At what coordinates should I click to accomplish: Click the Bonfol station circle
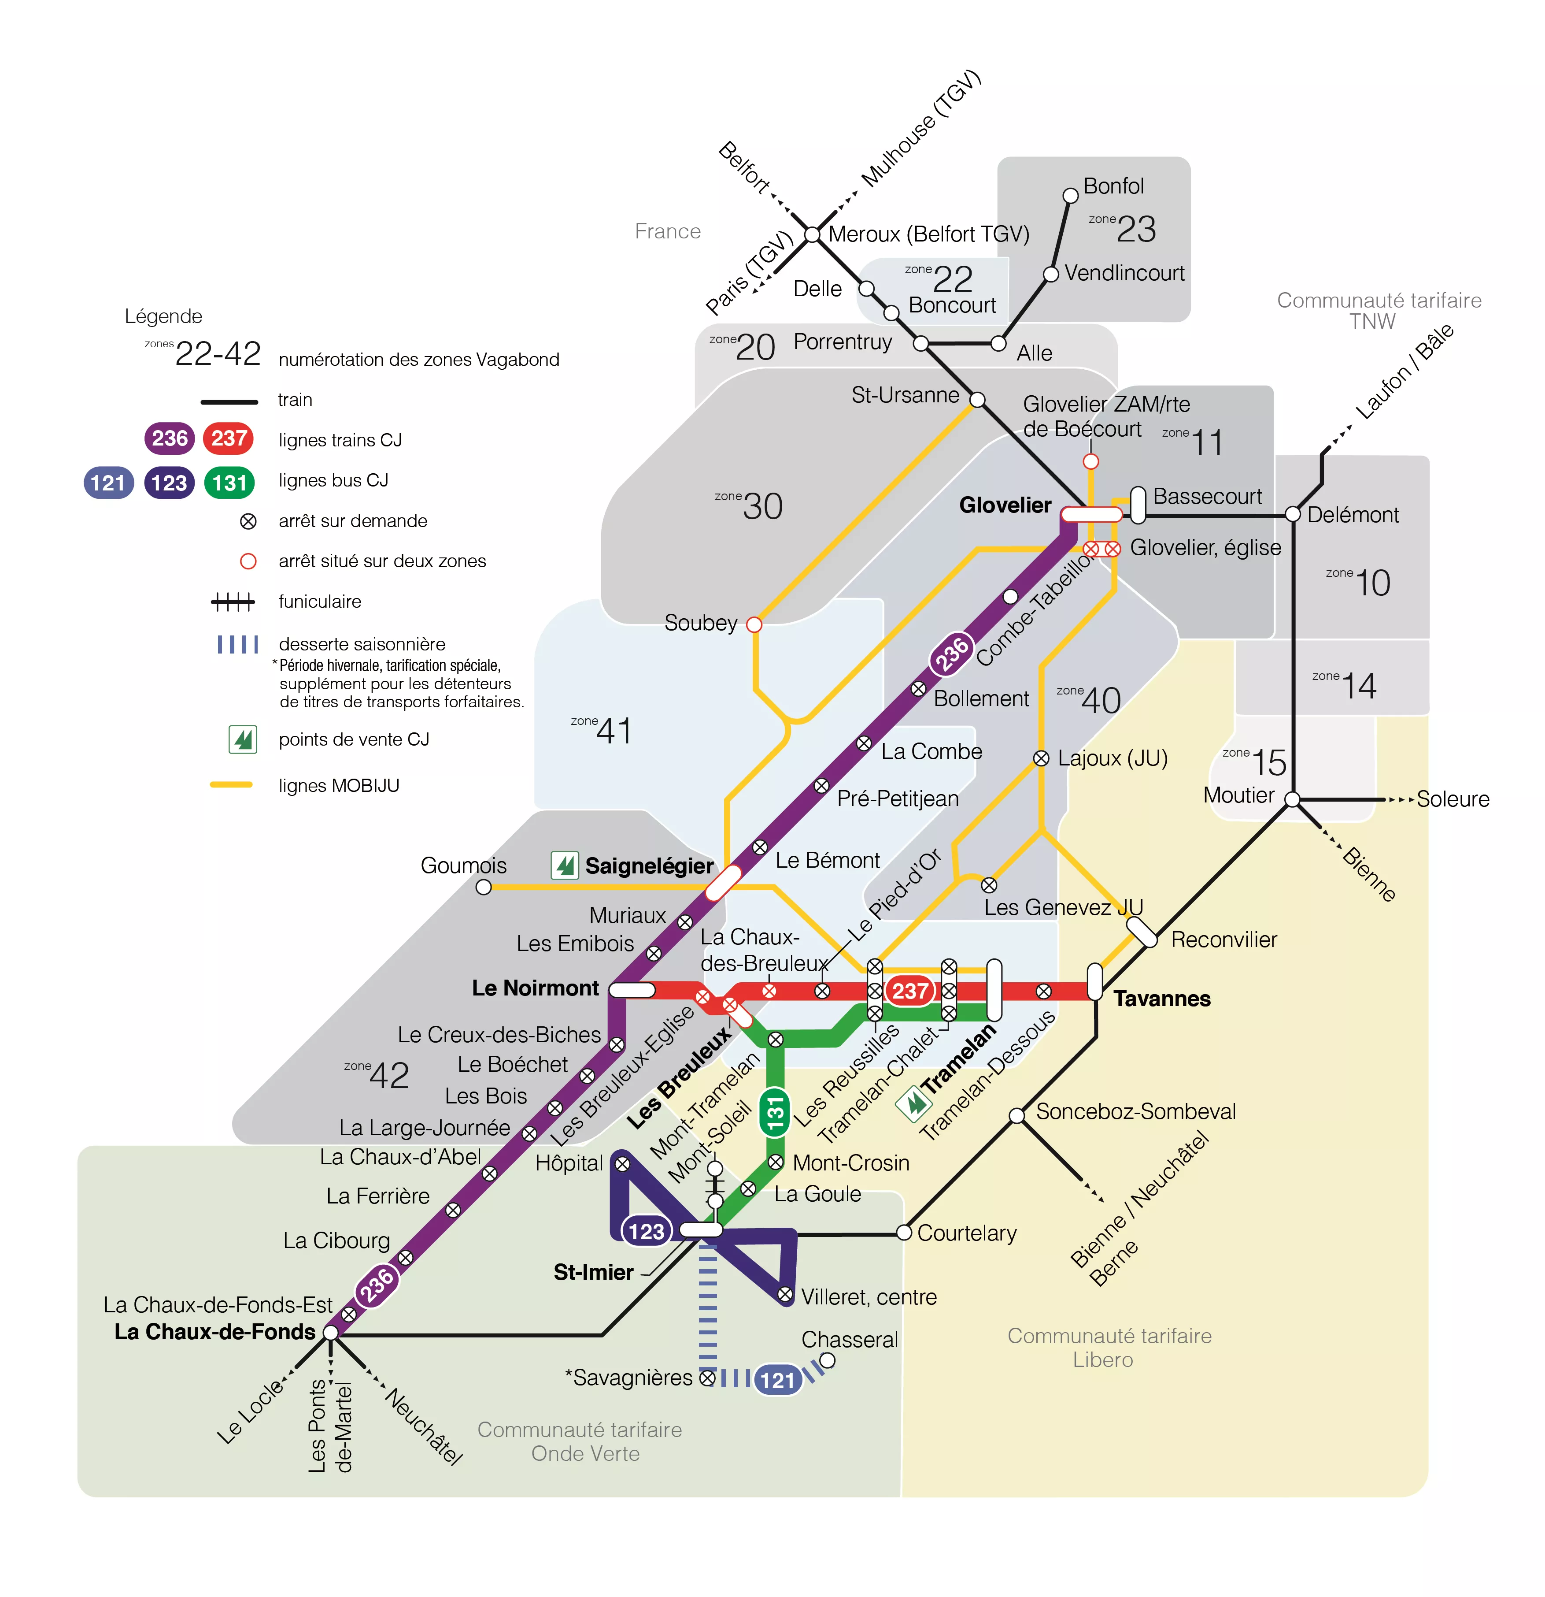click(1070, 196)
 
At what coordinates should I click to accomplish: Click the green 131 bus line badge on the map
click(775, 1112)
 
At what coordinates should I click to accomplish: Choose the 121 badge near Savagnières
click(777, 1379)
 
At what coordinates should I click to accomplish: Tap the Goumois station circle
click(484, 887)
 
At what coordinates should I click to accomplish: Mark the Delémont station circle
click(1293, 514)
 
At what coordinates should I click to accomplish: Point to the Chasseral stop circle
click(828, 1360)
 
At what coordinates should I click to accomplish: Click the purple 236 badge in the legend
click(170, 438)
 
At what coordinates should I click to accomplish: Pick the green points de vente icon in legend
click(243, 739)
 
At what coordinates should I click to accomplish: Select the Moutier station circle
click(1293, 799)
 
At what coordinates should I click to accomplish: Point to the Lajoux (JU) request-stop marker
click(1041, 758)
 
